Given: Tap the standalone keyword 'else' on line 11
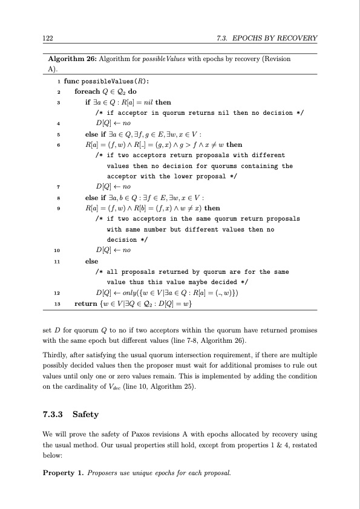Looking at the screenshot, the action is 92,261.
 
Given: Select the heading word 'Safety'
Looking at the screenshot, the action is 85,415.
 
